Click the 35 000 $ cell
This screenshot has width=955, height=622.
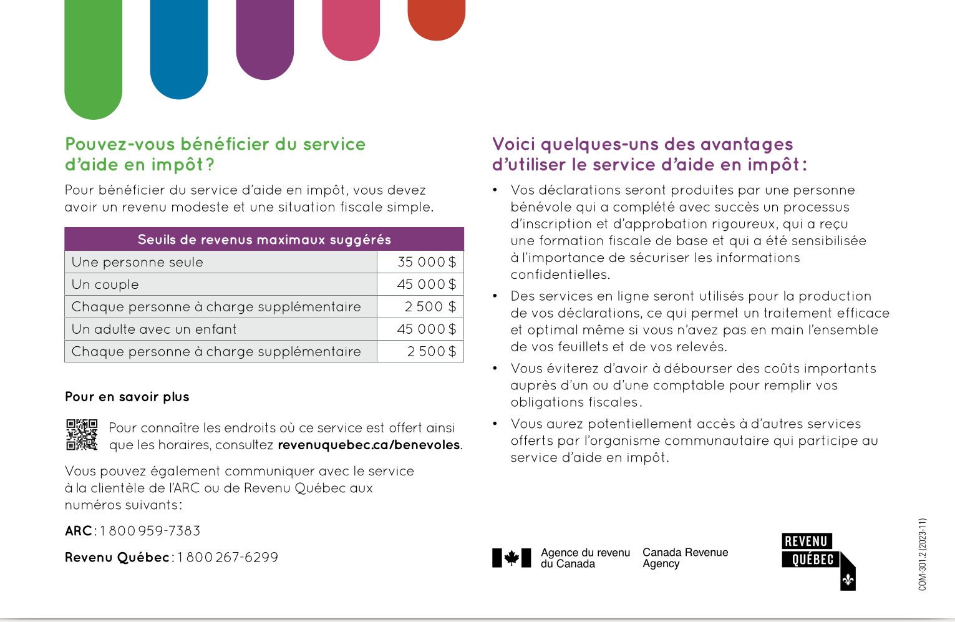[427, 262]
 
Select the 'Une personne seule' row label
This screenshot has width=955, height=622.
[137, 262]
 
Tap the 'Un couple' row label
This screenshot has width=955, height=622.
[105, 284]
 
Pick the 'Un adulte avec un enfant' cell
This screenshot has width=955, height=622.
[154, 329]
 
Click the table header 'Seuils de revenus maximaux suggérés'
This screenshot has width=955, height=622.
[264, 240]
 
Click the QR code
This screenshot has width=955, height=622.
[82, 435]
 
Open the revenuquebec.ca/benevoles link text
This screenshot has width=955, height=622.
[369, 445]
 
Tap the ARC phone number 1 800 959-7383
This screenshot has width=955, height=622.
[150, 531]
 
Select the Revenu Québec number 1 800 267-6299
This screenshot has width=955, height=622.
[228, 557]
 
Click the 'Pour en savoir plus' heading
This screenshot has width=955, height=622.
[127, 397]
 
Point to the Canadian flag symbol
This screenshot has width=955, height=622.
[511, 558]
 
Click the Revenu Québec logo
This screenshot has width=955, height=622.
[818, 560]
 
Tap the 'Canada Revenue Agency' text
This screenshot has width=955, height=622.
[685, 558]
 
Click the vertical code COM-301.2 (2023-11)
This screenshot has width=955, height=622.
[923, 554]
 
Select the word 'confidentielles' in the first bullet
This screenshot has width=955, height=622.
[559, 275]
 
